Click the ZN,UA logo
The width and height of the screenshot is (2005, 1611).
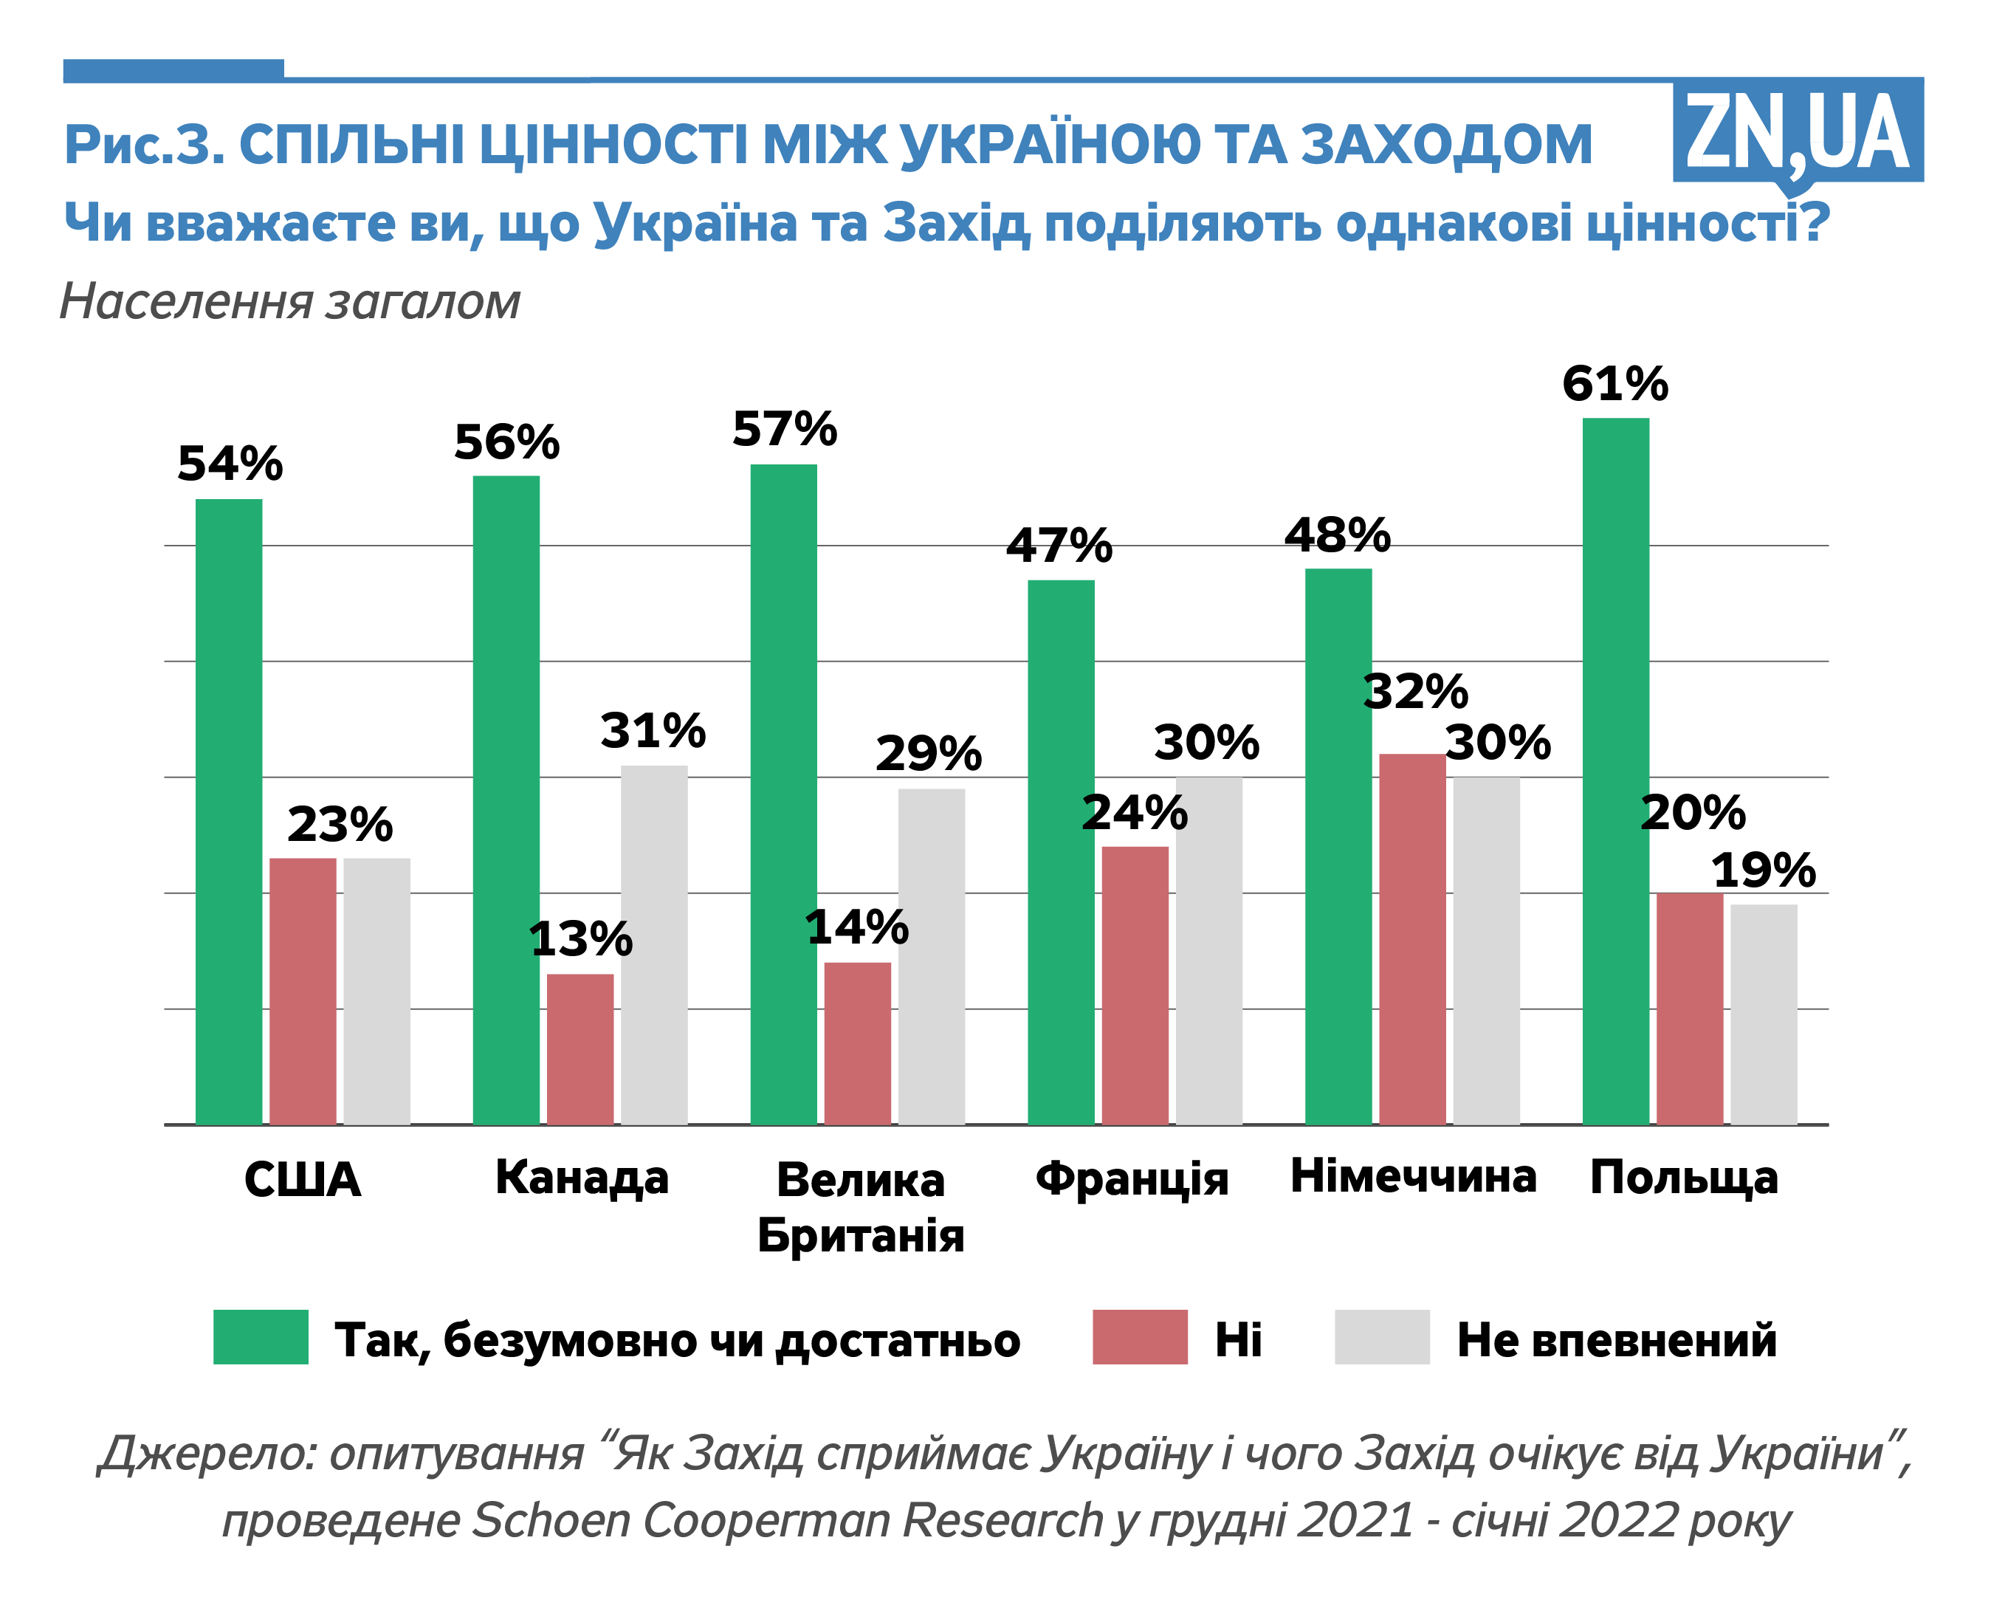coord(1797,132)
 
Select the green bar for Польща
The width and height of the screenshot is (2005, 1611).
coord(1615,772)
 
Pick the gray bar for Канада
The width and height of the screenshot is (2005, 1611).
coord(654,945)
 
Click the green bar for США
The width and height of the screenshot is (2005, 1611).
coord(229,812)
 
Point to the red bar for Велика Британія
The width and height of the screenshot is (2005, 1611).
coord(857,1044)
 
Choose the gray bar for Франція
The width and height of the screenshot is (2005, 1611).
coord(1209,951)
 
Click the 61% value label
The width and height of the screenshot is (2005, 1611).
coord(1614,383)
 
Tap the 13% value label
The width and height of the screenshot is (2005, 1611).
coord(580,938)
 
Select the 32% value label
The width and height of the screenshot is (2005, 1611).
coord(1415,692)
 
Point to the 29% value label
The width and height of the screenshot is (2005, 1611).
coord(928,752)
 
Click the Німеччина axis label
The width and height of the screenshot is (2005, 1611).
coord(1413,1175)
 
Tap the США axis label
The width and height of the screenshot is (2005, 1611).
coord(302,1179)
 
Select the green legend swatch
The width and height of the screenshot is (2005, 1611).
coord(261,1336)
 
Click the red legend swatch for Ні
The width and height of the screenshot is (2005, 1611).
coord(1139,1336)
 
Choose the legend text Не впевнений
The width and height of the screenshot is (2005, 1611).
coord(1616,1340)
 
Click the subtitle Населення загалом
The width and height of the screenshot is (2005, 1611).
coord(289,301)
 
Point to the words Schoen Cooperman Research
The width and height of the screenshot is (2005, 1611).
coord(788,1521)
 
